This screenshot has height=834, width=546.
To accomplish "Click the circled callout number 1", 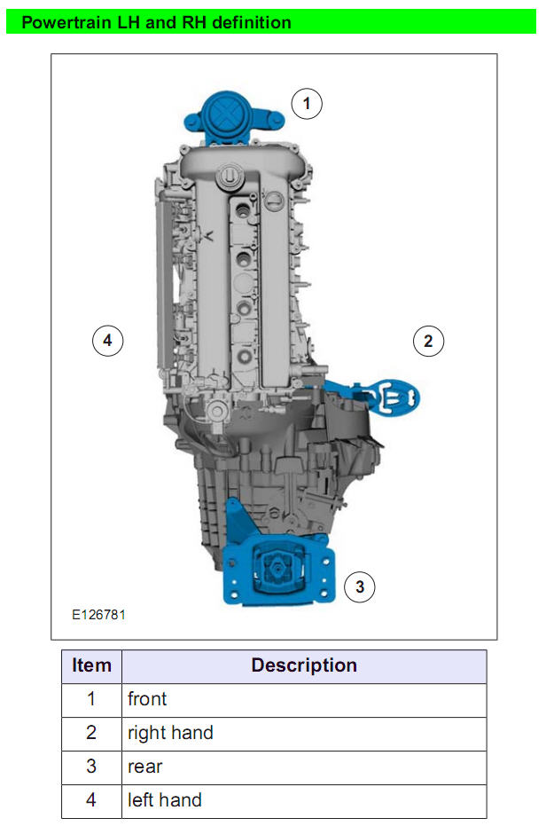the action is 307,103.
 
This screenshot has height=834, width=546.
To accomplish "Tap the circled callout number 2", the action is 428,341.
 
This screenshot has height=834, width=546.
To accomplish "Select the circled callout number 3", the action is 360,586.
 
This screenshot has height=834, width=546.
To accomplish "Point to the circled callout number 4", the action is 108,341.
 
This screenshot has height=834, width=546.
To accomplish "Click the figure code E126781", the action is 98,615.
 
